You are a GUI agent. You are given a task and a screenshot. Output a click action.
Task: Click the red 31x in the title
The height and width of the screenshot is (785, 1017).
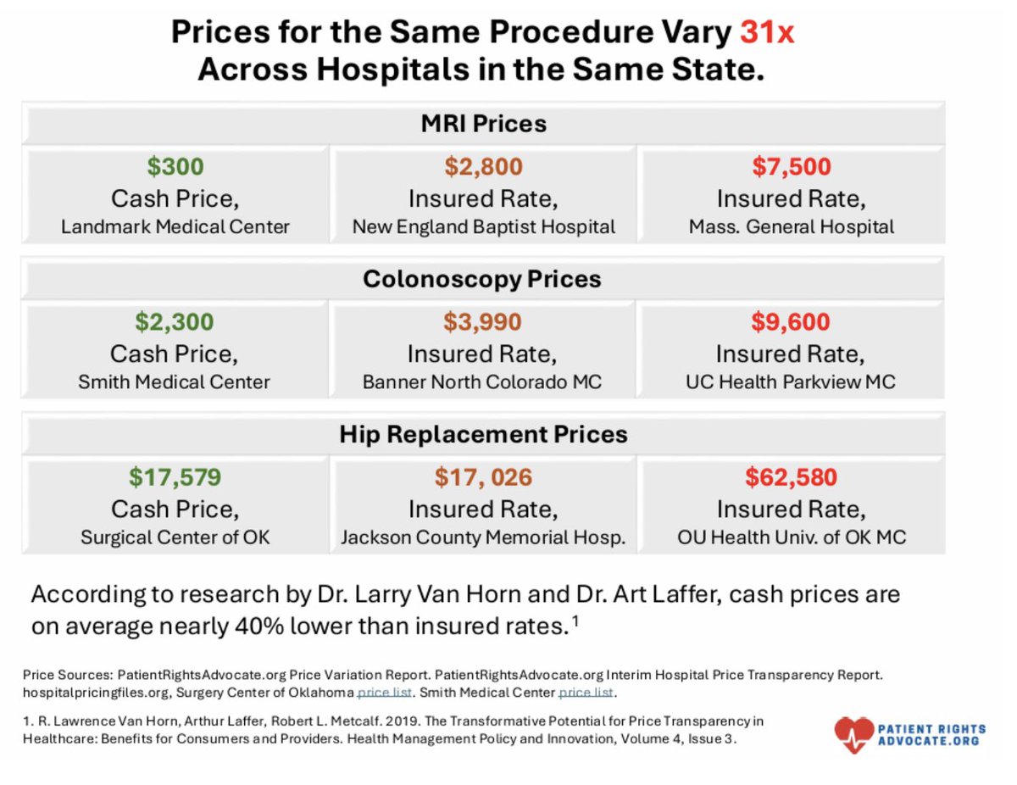click(768, 33)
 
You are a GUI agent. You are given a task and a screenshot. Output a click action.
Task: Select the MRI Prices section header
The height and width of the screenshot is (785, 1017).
click(484, 124)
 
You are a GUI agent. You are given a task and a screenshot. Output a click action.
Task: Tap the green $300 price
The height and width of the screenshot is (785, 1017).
click(175, 167)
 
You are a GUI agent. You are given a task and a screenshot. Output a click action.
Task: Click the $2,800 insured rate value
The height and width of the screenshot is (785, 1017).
click(484, 167)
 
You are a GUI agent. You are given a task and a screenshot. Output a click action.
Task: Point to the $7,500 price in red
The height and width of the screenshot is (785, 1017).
click(792, 167)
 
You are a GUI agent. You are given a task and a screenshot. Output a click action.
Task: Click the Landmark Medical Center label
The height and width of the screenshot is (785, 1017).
click(175, 227)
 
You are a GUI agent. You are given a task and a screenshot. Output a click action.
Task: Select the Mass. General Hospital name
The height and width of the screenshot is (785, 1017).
click(792, 227)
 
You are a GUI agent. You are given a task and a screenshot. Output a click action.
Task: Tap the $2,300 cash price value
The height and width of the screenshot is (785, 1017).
click(175, 322)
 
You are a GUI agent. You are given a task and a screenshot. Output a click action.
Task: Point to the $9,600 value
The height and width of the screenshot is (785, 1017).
click(791, 322)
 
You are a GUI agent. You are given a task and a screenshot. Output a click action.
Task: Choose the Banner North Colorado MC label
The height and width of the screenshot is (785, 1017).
click(482, 382)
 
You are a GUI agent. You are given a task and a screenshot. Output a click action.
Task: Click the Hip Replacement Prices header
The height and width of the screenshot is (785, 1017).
click(484, 435)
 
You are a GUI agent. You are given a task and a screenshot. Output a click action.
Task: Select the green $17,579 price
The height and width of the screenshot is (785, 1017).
click(175, 477)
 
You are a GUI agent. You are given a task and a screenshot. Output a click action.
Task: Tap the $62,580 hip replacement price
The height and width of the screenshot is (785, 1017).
click(791, 477)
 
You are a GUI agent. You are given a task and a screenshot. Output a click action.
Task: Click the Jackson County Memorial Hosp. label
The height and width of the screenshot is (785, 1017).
click(482, 537)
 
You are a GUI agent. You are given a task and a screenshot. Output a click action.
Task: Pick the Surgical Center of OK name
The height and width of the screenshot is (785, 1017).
click(175, 537)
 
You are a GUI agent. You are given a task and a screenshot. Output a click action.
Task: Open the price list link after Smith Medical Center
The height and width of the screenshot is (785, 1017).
click(586, 692)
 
